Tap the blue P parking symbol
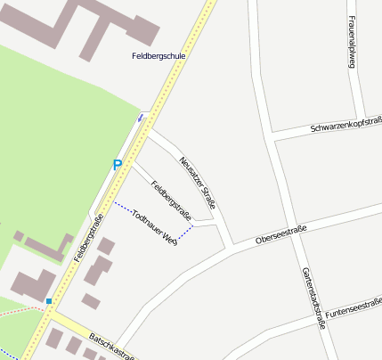pyautogui.click(x=117, y=165)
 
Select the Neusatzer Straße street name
pyautogui.click(x=198, y=178)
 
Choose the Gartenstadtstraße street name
pyautogui.click(x=313, y=298)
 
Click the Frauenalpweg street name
pyautogui.click(x=353, y=44)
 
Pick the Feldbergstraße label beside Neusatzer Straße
pyautogui.click(x=172, y=200)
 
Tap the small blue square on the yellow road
pyautogui.click(x=49, y=301)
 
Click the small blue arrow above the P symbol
pyautogui.click(x=140, y=117)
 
